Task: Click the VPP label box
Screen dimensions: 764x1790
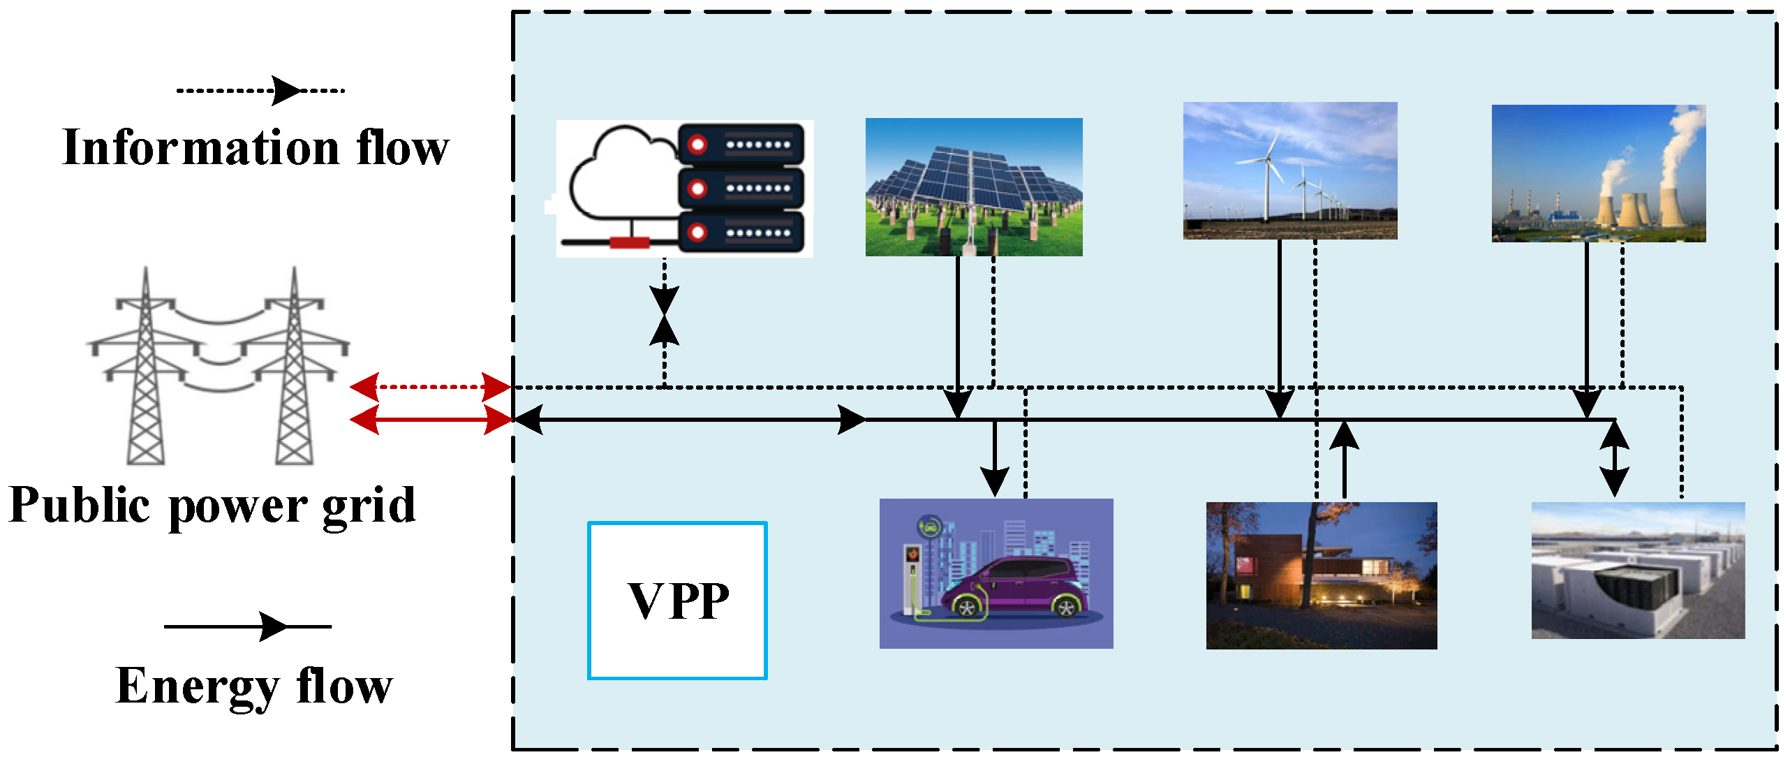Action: (677, 601)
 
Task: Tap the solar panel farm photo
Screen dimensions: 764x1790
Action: (974, 187)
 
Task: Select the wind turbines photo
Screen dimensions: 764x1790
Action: (1290, 171)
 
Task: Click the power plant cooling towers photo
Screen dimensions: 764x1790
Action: (1599, 174)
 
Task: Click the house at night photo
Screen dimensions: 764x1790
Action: (1321, 576)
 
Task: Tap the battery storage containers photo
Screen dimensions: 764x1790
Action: (1638, 571)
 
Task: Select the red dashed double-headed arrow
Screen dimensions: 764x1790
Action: (430, 386)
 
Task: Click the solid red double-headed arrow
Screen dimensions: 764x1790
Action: (430, 420)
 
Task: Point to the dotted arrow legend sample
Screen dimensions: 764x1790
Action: (260, 91)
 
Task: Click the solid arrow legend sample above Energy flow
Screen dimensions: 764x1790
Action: (248, 626)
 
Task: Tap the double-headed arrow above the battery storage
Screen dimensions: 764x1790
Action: (1614, 459)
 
